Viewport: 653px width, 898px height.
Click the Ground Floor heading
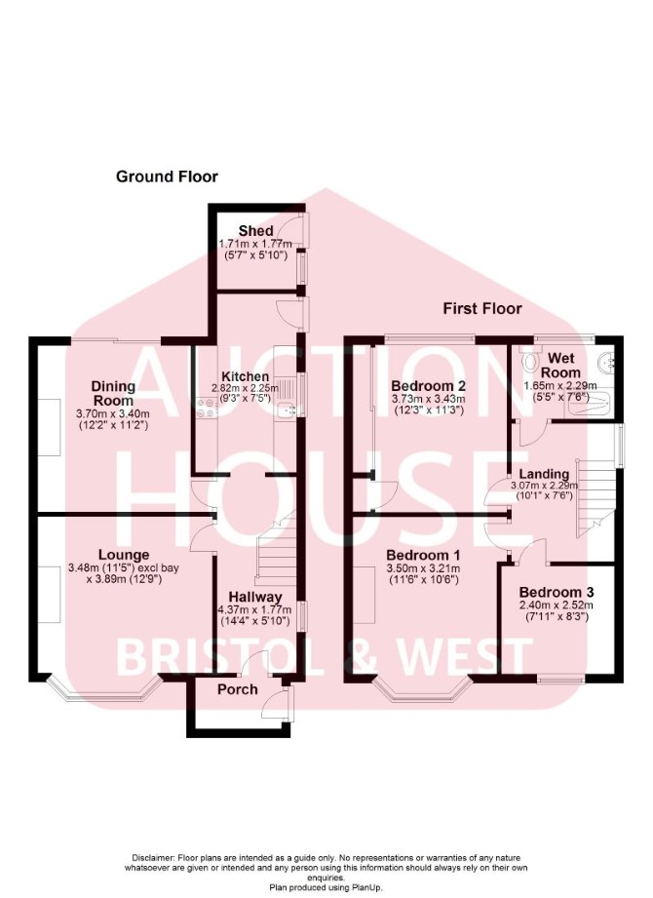pos(167,176)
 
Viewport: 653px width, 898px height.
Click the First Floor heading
pos(482,309)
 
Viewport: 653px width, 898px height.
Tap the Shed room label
pos(255,231)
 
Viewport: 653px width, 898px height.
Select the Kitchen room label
pos(245,376)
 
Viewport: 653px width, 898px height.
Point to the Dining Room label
pos(113,394)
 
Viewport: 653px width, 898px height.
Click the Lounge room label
pos(124,555)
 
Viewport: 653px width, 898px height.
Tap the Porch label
pos(238,689)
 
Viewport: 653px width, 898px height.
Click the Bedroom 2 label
pos(428,386)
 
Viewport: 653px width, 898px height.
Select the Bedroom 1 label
pos(423,555)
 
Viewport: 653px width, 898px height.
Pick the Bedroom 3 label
pos(557,592)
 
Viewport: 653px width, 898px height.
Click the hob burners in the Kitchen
pos(206,408)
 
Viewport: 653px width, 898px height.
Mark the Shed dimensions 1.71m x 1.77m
pos(255,244)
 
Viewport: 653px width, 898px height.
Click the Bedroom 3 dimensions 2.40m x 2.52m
pos(557,605)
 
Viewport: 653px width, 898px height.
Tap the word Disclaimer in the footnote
pos(153,858)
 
